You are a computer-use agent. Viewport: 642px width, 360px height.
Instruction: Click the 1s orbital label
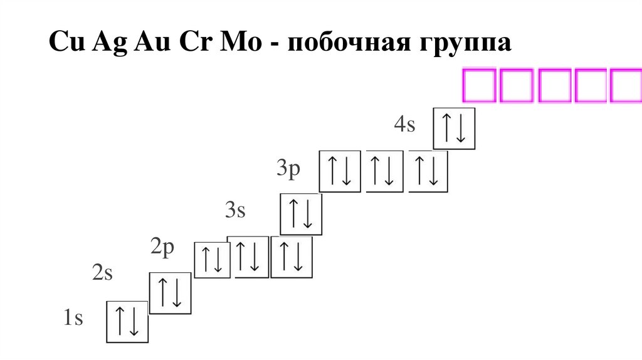73,318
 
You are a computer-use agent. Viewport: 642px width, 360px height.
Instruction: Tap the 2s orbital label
102,273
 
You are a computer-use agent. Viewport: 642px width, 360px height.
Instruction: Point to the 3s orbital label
235,210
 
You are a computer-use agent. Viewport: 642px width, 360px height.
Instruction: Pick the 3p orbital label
289,169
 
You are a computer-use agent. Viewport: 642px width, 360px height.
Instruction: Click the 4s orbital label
405,124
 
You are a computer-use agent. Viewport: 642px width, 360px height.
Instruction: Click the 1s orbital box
127,322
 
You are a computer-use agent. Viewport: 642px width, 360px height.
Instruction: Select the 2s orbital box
169,292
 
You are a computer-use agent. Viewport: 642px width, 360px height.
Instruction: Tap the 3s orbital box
301,214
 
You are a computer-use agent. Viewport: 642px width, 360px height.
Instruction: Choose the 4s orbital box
455,129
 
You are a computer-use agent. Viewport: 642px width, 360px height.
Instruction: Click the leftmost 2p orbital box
213,260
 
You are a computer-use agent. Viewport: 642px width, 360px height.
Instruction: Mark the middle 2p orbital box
248,257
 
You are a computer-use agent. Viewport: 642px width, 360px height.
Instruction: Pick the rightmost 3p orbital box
429,171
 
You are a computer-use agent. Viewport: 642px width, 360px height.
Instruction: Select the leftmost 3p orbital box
340,171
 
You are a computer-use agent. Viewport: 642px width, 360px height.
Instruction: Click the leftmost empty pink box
480,85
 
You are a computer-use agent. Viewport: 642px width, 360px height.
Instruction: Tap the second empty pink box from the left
517,85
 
